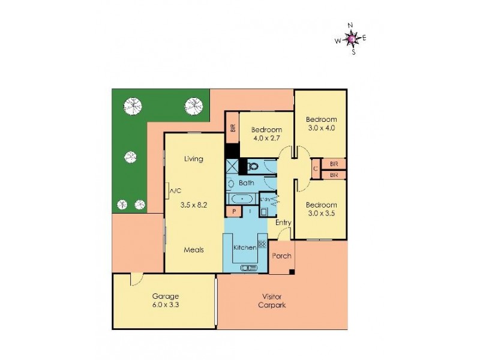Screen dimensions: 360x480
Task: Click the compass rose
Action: pyautogui.click(x=352, y=39)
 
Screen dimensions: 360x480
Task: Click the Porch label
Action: pyautogui.click(x=281, y=256)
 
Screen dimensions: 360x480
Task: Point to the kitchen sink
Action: pyautogui.click(x=247, y=268)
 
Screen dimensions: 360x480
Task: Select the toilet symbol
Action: pyautogui.click(x=253, y=166)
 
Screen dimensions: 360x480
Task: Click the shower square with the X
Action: pyautogui.click(x=232, y=166)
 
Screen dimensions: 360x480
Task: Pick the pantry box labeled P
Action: pyautogui.click(x=232, y=211)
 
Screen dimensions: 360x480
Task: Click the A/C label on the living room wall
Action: pyautogui.click(x=175, y=191)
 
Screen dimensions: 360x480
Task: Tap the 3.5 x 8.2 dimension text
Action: pyautogui.click(x=194, y=205)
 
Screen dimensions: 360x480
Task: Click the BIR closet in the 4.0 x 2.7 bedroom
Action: pyautogui.click(x=232, y=128)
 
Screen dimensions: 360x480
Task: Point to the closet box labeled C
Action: pyautogui.click(x=316, y=169)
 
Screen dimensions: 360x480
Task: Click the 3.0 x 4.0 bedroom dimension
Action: pyautogui.click(x=321, y=128)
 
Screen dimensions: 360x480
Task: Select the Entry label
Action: pyautogui.click(x=283, y=223)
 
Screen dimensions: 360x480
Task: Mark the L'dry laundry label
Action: pyautogui.click(x=266, y=199)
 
